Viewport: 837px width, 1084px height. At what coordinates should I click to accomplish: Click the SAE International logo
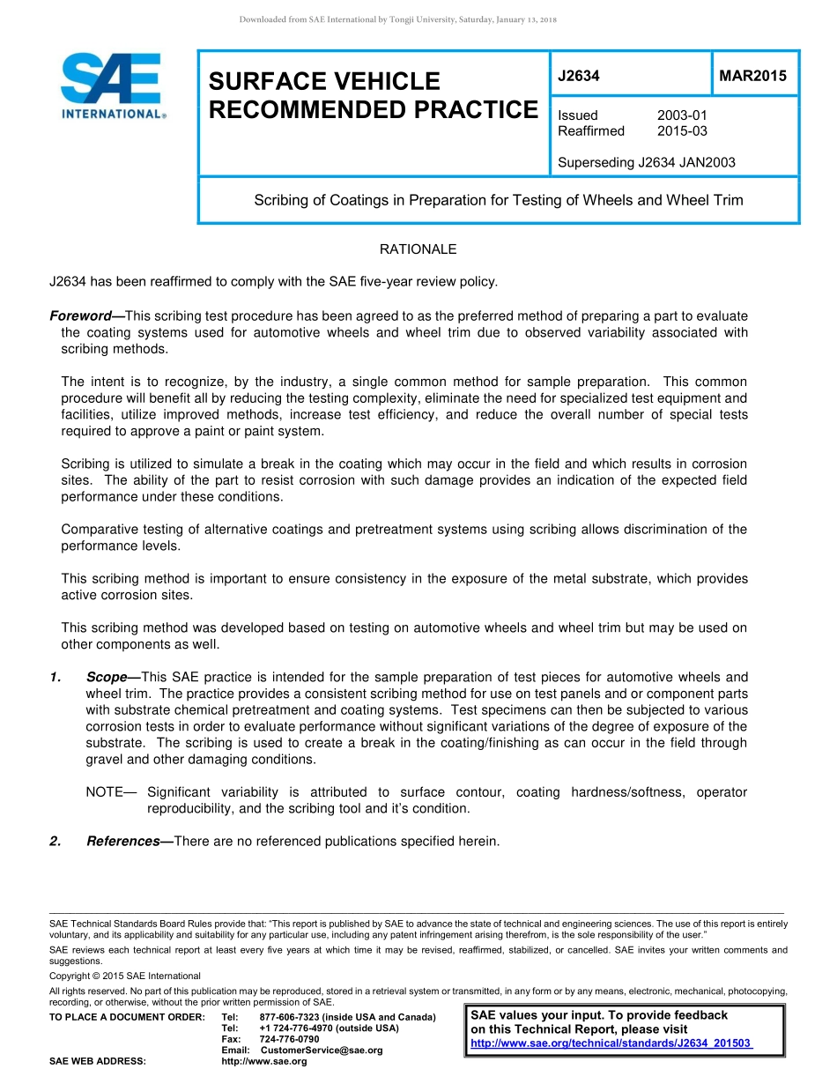coord(113,85)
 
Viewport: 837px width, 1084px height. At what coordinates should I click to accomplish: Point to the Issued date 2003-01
coord(682,115)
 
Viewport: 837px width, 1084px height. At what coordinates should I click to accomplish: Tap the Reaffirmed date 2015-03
coord(682,131)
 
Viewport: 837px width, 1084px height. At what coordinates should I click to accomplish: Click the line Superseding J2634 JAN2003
coord(647,162)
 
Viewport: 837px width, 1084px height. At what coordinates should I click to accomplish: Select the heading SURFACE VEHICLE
coord(323,82)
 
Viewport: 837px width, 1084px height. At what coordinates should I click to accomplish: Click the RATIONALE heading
coord(418,249)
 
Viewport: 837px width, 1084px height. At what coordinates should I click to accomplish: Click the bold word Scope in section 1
coord(107,677)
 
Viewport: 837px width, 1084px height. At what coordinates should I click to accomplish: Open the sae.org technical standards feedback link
coord(611,1043)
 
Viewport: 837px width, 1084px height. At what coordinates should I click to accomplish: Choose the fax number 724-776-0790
coord(289,1039)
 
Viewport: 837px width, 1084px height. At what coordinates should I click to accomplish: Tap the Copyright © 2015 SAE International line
coord(125,976)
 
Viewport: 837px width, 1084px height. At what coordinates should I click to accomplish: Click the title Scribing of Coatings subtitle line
coord(498,200)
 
